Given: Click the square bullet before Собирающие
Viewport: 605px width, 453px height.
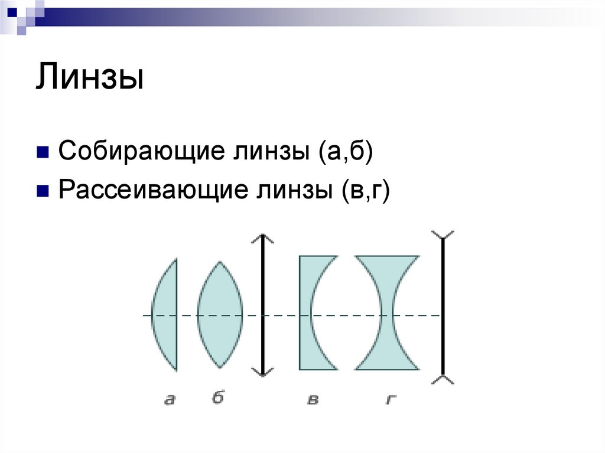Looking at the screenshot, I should pyautogui.click(x=43, y=152).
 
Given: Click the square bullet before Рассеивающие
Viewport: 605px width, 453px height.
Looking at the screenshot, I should pyautogui.click(x=43, y=190).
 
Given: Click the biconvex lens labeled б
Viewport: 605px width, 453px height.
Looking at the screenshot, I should pyautogui.click(x=220, y=315).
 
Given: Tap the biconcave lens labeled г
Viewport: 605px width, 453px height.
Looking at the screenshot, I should pyautogui.click(x=387, y=272).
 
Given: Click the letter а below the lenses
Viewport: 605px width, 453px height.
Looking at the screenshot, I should pyautogui.click(x=170, y=400).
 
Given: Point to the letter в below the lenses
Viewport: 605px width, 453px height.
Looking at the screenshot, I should pyautogui.click(x=313, y=400).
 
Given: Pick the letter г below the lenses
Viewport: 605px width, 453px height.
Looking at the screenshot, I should pyautogui.click(x=390, y=400).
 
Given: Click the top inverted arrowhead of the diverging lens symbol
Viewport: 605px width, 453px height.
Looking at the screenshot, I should pyautogui.click(x=443, y=235).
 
